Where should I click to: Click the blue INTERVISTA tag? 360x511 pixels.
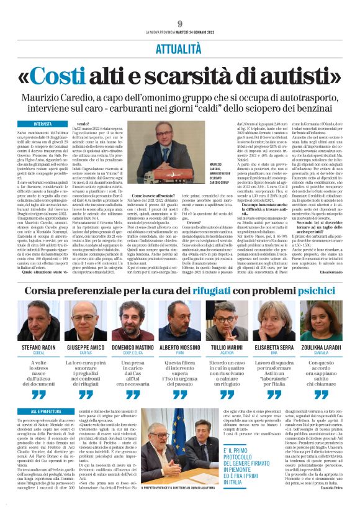(43, 124)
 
